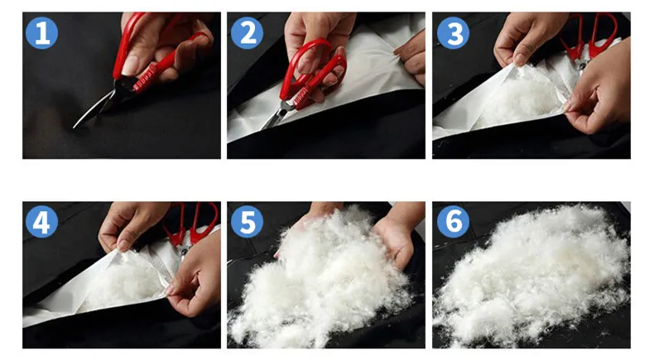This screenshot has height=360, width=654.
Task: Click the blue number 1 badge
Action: click(41, 33)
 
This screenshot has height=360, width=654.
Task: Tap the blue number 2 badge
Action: click(247, 33)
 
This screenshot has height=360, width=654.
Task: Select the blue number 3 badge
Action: click(453, 33)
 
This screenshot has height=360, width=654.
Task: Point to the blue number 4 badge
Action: click(41, 222)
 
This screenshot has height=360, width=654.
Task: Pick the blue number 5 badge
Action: click(247, 222)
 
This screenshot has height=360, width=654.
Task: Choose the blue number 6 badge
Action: click(453, 222)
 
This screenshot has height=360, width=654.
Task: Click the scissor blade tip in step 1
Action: click(75, 127)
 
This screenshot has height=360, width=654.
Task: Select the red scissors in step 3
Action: click(589, 37)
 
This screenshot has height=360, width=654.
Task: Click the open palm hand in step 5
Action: click(394, 242)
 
